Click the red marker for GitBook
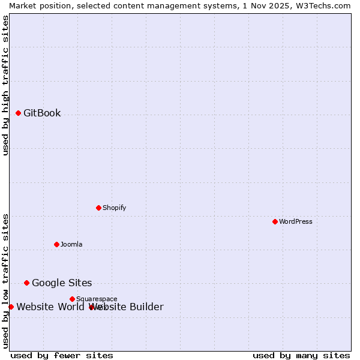coord(18,113)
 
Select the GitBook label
coord(42,113)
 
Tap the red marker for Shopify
coord(98,208)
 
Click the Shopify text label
coord(114,208)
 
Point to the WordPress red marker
coord(275,221)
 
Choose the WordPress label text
coord(295,222)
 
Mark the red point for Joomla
coord(56,244)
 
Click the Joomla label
coord(71,245)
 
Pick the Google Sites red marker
coord(26,283)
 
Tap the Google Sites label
coord(62,283)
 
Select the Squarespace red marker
coord(72,299)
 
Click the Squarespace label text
coord(97,299)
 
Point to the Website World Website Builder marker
coord(11,307)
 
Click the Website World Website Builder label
coord(90,307)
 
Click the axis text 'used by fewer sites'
coord(62,356)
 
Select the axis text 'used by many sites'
coord(301,356)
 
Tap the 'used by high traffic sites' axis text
coord(6,85)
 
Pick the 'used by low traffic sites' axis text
coord(6,280)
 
